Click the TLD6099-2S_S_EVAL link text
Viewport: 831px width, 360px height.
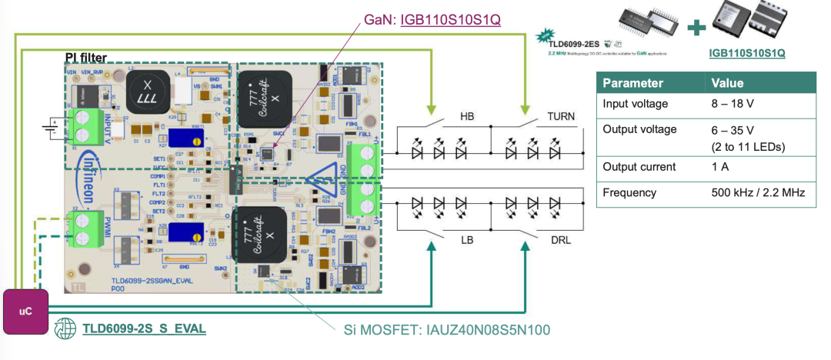pos(144,328)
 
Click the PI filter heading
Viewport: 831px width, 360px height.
pos(86,58)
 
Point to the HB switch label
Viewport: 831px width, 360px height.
pos(467,116)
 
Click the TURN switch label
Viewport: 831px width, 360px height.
pos(561,116)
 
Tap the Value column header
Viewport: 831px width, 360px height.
pos(727,83)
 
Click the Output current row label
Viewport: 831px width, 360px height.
pos(639,167)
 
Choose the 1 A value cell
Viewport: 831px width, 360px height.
pos(722,167)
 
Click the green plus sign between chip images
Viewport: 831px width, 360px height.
pos(696,28)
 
